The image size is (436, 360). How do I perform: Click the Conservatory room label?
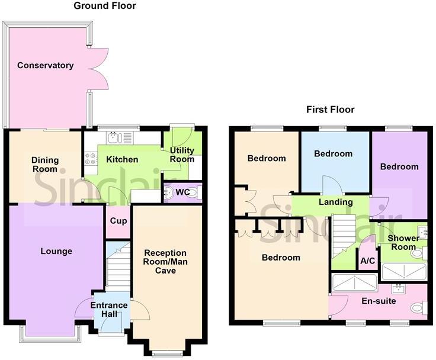click(x=46, y=65)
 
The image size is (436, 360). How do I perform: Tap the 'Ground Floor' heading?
click(x=105, y=6)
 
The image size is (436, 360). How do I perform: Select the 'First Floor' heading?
click(x=330, y=110)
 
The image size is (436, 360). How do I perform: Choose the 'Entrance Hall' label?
click(x=109, y=310)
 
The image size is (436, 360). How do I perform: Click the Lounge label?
click(x=56, y=251)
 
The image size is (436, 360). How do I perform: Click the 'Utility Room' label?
click(x=181, y=155)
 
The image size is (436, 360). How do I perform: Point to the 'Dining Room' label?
click(x=44, y=164)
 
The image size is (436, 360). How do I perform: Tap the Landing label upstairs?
click(x=336, y=202)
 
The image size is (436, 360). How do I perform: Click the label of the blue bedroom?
click(x=333, y=154)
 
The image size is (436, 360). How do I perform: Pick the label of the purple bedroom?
click(x=399, y=167)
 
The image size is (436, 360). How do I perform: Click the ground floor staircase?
click(x=117, y=266)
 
